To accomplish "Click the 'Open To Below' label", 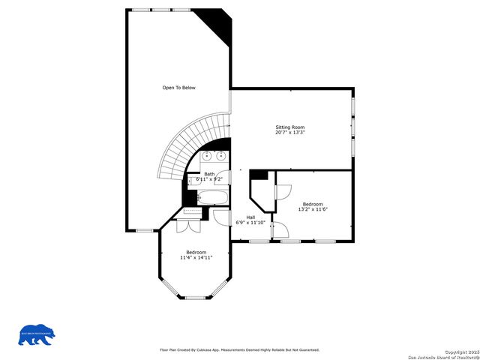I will [178, 88].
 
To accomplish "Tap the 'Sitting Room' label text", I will [289, 127].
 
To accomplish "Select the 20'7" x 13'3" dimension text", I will [289, 133].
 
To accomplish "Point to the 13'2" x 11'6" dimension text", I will [313, 209].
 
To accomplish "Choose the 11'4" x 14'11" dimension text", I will [196, 257].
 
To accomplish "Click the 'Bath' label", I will [209, 174].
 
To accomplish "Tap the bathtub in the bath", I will [211, 197].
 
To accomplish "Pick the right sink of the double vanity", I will [222, 156].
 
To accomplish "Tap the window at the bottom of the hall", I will [259, 241].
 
